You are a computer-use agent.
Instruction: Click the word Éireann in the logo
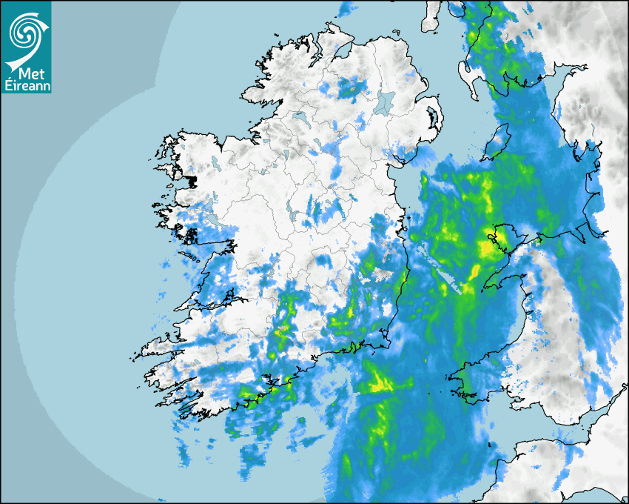click(27, 86)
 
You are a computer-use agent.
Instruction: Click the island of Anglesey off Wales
click(498, 236)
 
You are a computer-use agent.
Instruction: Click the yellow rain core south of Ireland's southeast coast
click(381, 384)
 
